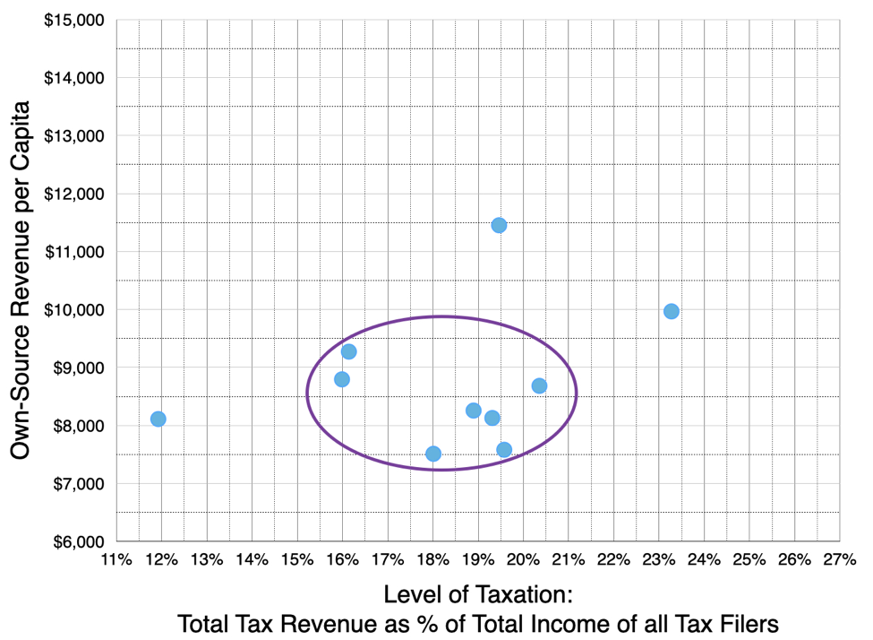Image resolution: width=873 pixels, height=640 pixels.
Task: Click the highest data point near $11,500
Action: (x=499, y=225)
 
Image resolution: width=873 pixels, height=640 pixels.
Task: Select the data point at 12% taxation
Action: (x=158, y=419)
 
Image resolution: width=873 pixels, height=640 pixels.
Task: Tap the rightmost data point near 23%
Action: (x=672, y=311)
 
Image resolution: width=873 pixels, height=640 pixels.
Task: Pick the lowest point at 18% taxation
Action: (x=433, y=454)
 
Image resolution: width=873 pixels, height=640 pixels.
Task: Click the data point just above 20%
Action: (x=539, y=385)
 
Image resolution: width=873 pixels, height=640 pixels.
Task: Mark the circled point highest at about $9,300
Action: (x=349, y=351)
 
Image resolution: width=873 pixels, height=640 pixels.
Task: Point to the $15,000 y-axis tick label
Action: (x=73, y=20)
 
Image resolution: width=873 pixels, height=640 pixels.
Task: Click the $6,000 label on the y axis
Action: (x=77, y=541)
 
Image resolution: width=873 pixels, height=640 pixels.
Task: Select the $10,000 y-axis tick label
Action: (x=73, y=309)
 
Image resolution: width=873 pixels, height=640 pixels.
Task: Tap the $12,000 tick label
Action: (x=73, y=194)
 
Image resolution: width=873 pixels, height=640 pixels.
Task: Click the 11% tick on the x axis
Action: (x=116, y=560)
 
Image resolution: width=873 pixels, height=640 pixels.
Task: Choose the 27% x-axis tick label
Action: (x=840, y=560)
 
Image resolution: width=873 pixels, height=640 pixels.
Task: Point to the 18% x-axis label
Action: (x=433, y=560)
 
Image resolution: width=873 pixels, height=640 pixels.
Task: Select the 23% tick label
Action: (x=659, y=560)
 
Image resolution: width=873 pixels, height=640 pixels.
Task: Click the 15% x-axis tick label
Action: (x=297, y=560)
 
